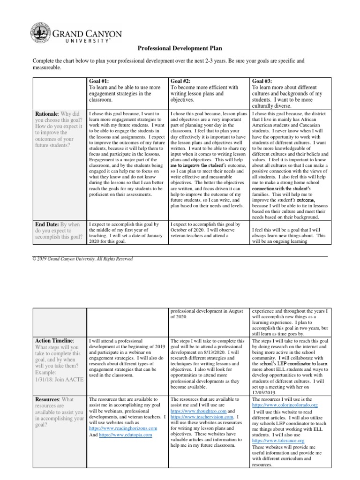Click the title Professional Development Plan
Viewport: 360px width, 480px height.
(180, 48)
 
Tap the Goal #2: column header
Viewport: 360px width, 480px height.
(180, 81)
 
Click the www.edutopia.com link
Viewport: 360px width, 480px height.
(126, 435)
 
